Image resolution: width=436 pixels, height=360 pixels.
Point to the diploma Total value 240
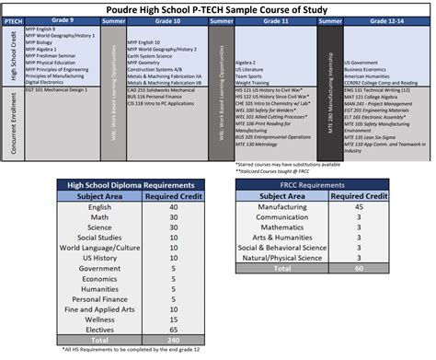(173, 339)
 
